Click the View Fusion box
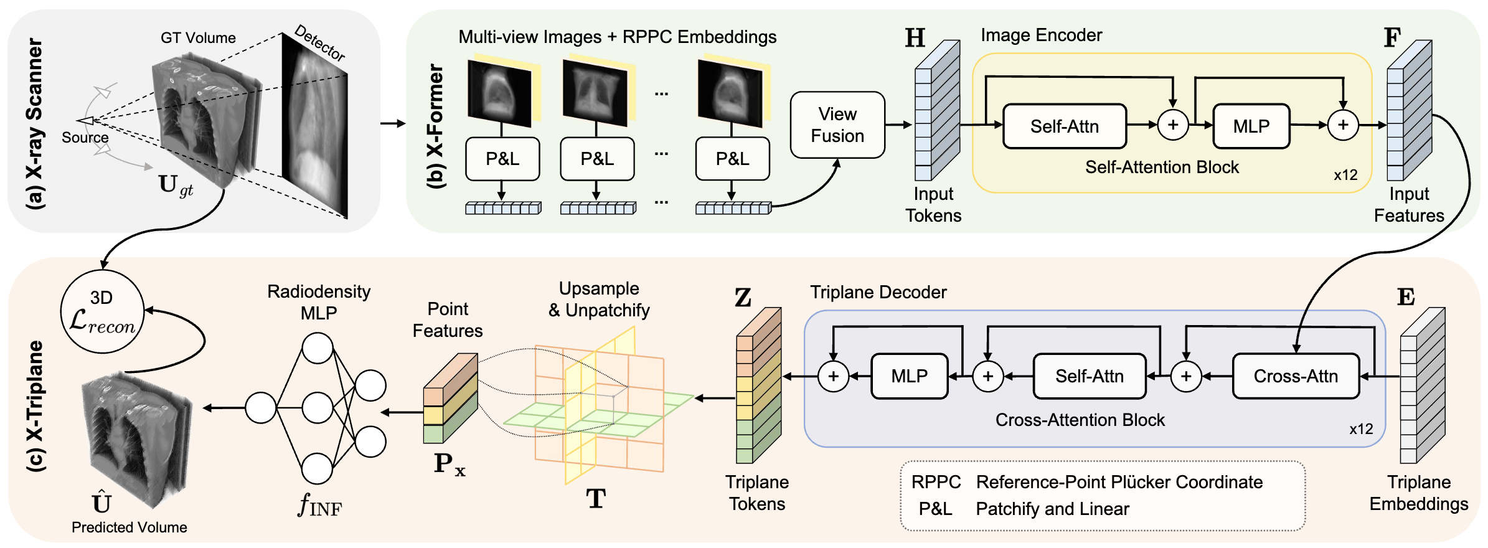(x=837, y=125)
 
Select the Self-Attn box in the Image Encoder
(x=1065, y=126)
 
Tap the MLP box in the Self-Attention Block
(x=1251, y=126)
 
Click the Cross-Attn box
(x=1296, y=376)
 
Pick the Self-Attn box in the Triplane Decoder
(x=1090, y=376)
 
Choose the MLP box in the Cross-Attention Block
(x=910, y=376)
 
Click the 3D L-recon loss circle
(x=102, y=311)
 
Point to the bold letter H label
(x=915, y=38)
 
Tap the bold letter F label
(x=1392, y=38)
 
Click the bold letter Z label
(x=743, y=298)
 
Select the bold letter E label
(x=1406, y=297)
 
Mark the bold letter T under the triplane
(x=596, y=498)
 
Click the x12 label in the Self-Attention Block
(x=1345, y=175)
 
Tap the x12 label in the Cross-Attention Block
(x=1361, y=429)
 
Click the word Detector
(x=320, y=42)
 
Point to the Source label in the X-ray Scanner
(x=85, y=138)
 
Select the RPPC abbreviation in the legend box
(x=936, y=482)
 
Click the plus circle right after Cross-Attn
(x=1186, y=376)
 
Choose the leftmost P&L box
(x=502, y=159)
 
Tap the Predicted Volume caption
(x=129, y=527)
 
